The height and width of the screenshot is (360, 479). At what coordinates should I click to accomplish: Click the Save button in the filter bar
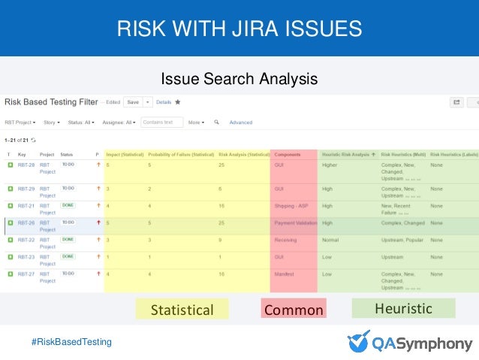pos(132,101)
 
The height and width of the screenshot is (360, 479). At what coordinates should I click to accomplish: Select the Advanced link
pos(240,122)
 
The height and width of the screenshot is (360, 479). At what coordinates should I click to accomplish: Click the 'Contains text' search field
pos(162,122)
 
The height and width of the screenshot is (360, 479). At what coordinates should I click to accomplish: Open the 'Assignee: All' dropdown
pos(119,122)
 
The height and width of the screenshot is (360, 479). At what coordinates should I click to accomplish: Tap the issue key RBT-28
pos(26,163)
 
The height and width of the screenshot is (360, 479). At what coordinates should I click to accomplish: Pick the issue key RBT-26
pos(26,222)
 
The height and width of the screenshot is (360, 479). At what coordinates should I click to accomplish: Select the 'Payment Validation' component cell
pos(296,222)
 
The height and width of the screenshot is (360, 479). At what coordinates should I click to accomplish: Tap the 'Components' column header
pos(288,154)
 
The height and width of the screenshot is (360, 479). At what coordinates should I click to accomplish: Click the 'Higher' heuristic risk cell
pos(330,163)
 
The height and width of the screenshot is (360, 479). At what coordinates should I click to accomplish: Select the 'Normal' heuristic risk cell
pos(330,240)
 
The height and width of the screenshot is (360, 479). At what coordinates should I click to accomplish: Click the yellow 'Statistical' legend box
pos(182,310)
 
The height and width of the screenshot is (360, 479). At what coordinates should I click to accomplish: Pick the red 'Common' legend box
pos(294,310)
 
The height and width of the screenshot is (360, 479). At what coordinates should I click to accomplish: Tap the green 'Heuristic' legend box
pos(403,308)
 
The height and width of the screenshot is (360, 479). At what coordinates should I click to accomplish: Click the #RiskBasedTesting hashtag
pos(71,342)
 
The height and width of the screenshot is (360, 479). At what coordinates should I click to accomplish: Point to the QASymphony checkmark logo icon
pos(358,340)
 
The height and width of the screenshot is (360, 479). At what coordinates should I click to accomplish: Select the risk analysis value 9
pos(220,240)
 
